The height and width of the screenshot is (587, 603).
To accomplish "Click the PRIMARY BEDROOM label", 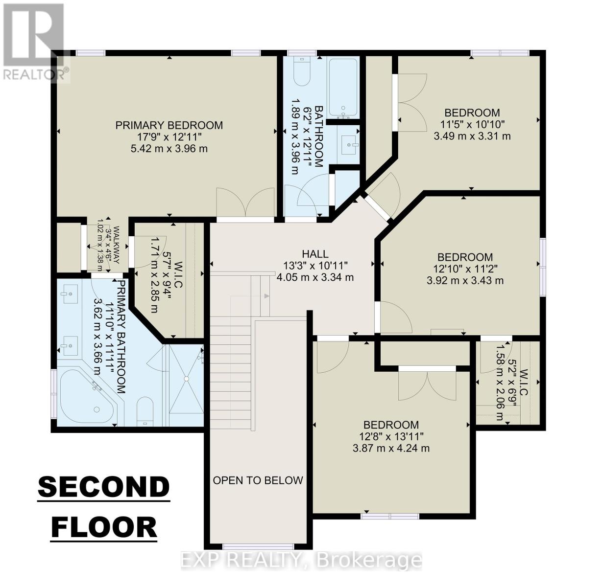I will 169,125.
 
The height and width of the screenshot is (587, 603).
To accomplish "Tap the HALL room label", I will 315,254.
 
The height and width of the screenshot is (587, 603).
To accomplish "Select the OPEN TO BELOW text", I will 258,480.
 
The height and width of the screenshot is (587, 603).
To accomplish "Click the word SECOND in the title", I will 104,487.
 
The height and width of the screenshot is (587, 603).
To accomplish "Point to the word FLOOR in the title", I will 104,527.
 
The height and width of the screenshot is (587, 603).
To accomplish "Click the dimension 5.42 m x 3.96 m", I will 169,148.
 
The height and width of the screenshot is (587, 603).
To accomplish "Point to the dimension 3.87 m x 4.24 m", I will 391,448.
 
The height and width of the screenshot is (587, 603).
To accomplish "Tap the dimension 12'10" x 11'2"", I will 465,269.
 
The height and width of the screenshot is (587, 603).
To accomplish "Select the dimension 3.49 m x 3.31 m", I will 472,135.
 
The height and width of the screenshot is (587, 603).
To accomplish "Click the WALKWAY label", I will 117,245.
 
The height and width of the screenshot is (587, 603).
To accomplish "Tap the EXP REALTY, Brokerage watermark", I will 301,560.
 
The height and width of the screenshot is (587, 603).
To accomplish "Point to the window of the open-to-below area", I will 258,546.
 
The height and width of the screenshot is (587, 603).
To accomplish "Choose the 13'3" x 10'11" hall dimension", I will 315,266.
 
